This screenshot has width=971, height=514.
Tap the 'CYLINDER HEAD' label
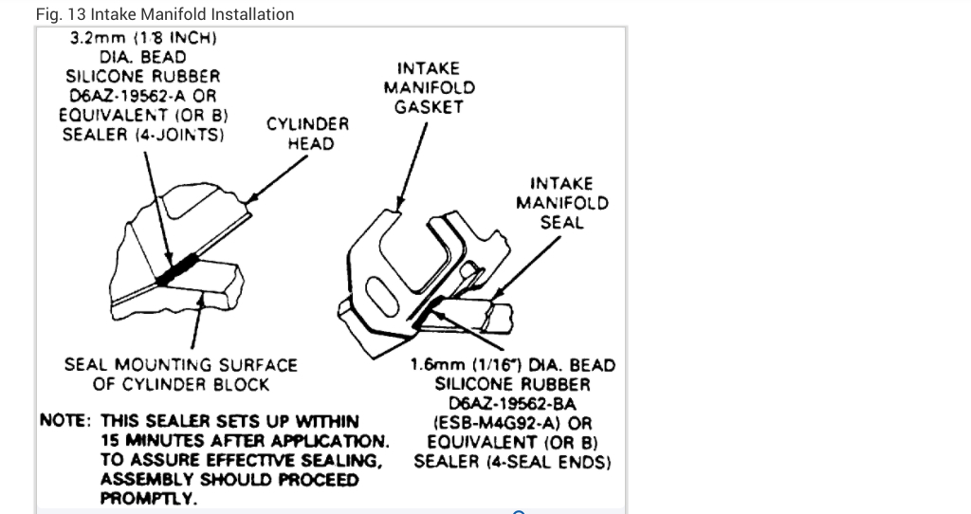point(307,134)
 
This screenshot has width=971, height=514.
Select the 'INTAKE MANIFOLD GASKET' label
point(429,87)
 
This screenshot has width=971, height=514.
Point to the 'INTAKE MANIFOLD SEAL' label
point(561,202)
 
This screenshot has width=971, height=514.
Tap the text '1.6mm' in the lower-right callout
point(435,365)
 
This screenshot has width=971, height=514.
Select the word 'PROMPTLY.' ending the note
point(148,499)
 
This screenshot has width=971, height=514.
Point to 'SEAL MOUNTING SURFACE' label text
point(180,365)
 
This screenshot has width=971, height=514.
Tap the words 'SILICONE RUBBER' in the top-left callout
point(141,77)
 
